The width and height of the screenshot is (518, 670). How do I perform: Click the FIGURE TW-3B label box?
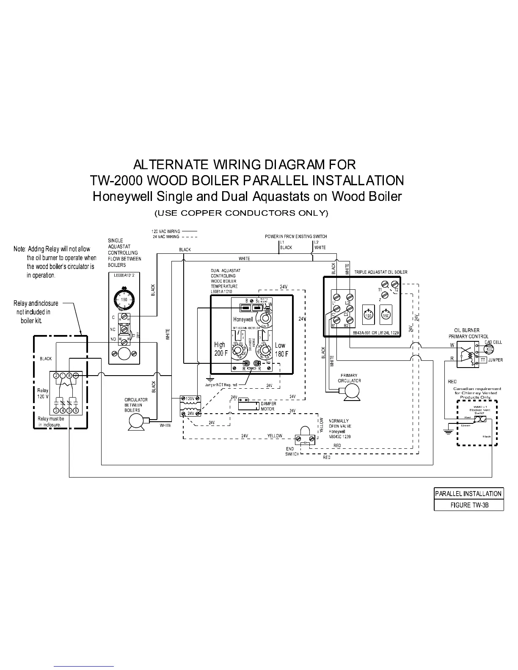468,505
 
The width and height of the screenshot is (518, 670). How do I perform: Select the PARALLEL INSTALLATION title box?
468,494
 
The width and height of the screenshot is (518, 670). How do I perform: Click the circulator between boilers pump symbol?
136,422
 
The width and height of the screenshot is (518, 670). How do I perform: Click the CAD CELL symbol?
489,349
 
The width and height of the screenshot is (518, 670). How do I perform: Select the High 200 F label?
220,349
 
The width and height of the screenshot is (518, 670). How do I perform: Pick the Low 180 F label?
281,349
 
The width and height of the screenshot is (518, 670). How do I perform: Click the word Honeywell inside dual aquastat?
243,319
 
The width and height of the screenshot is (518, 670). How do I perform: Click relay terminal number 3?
56,410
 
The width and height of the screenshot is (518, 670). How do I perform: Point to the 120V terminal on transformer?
190,398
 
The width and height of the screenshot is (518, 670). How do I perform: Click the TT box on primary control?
483,360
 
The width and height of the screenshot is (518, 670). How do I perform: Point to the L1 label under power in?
282,242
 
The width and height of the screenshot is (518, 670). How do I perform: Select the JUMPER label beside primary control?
496,360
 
